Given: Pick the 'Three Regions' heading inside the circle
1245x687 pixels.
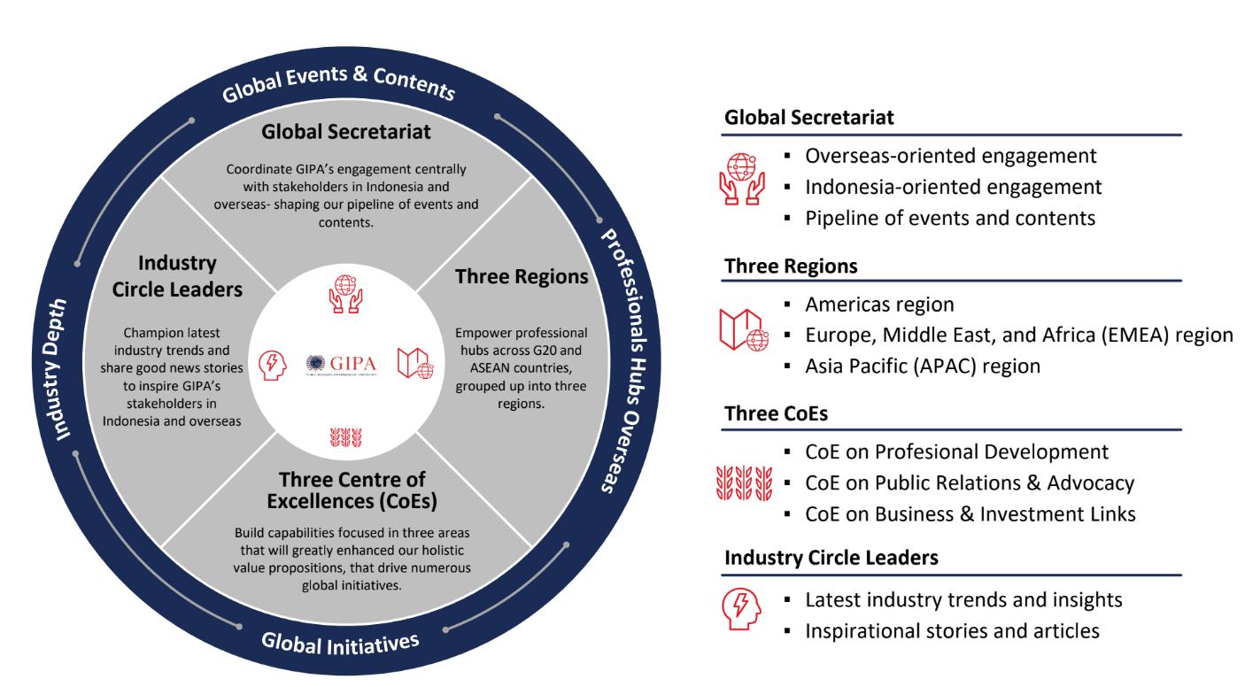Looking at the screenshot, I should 522,277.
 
